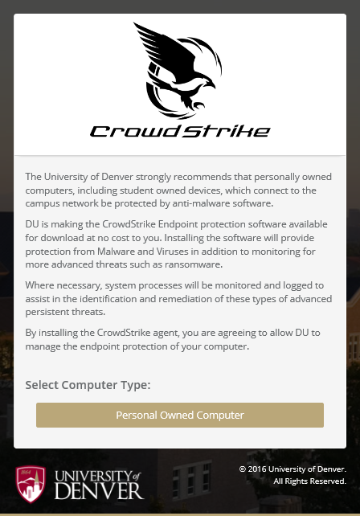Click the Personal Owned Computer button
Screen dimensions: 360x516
pyautogui.click(x=180, y=416)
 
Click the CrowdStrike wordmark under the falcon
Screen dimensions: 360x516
pyautogui.click(x=180, y=131)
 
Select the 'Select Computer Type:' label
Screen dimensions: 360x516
pyautogui.click(x=88, y=385)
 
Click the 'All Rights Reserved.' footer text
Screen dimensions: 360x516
pyautogui.click(x=309, y=481)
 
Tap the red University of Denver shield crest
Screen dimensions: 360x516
pyautogui.click(x=31, y=482)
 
